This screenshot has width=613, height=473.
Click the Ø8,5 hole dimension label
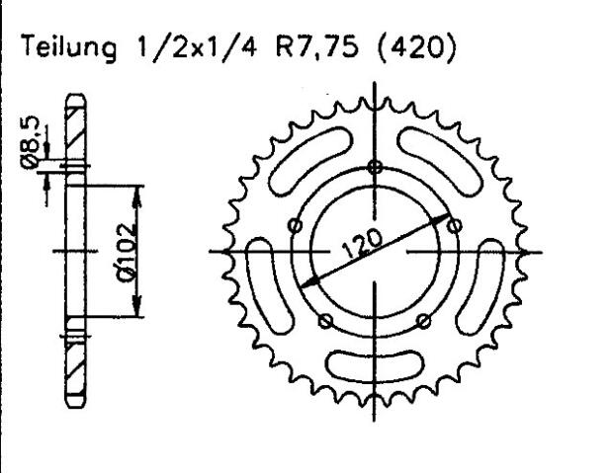32,140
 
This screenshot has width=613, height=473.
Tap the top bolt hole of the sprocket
374,167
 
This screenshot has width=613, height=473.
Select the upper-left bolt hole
294,226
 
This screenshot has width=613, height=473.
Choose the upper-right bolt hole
455,226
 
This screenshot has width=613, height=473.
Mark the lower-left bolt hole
325,319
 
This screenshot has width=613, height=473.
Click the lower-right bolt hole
423,319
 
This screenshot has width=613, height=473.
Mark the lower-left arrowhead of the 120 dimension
306,283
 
